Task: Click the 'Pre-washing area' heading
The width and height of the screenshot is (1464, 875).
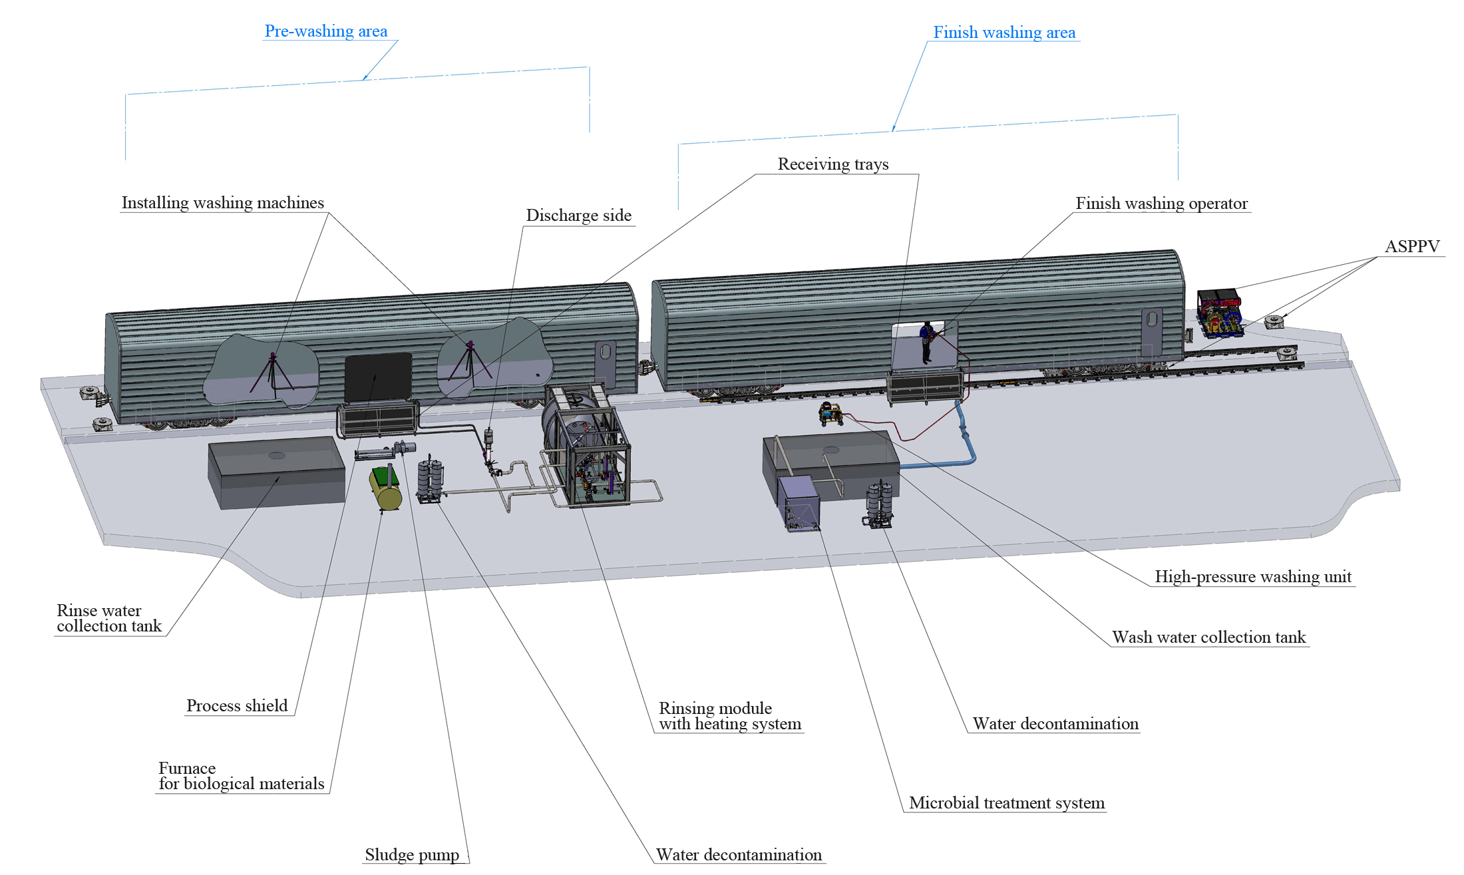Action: coord(326,31)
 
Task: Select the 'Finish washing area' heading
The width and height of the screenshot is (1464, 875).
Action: coord(1004,33)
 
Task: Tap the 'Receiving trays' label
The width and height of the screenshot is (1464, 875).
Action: coord(833,164)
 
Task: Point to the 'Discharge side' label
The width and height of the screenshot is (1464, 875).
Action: coord(579,216)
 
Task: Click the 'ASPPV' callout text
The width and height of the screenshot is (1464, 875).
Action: coord(1412,247)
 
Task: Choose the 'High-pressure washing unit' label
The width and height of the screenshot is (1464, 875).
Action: coord(1253,577)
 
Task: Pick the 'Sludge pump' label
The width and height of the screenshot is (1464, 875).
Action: coord(412,855)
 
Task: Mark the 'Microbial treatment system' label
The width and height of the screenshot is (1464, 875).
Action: coord(1007,803)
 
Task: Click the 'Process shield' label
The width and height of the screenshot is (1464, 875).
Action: coord(237,706)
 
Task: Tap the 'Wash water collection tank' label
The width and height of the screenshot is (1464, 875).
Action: coord(1209,637)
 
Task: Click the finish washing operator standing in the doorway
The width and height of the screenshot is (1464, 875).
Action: coord(926,342)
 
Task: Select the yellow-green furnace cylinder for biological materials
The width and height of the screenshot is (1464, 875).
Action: coord(385,488)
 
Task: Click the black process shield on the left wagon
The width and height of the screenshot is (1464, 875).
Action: coord(377,377)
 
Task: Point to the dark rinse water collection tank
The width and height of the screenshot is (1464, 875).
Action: coord(276,472)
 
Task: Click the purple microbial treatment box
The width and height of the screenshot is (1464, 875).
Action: coord(799,502)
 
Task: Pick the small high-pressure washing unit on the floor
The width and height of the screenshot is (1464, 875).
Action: coord(830,413)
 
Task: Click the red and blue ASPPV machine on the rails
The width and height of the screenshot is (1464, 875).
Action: coord(1220,311)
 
